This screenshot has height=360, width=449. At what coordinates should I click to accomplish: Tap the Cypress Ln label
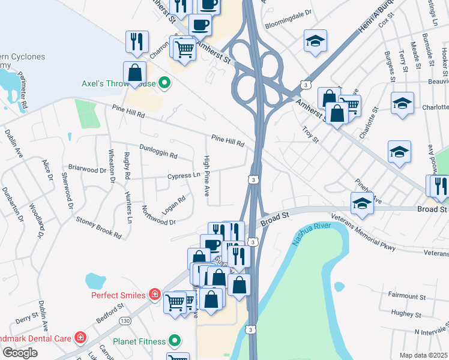click(x=184, y=176)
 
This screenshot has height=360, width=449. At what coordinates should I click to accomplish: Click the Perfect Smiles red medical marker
click(x=154, y=295)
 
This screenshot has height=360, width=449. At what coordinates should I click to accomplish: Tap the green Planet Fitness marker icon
click(x=175, y=341)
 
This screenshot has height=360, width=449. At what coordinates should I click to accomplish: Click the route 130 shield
click(x=125, y=321)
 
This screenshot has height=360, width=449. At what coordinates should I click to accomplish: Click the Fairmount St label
click(x=406, y=296)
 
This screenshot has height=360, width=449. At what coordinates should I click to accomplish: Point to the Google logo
click(x=20, y=352)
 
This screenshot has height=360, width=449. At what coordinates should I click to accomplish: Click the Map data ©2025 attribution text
click(x=424, y=355)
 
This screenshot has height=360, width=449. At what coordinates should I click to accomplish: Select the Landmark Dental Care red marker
click(x=80, y=337)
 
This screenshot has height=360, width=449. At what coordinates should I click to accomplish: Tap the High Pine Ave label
click(x=206, y=176)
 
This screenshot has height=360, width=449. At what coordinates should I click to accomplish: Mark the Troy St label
click(x=311, y=131)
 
